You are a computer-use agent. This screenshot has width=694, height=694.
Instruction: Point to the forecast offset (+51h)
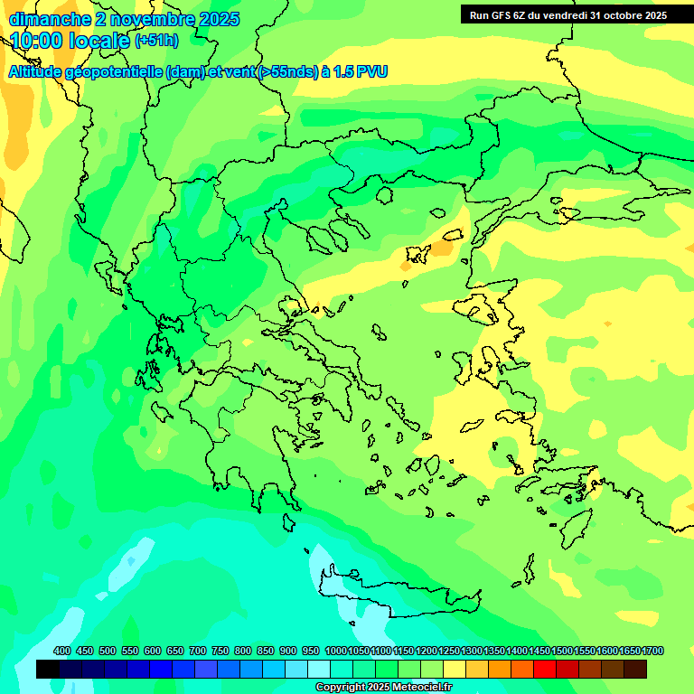pyautogui.click(x=156, y=41)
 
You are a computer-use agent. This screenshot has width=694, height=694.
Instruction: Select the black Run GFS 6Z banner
pyautogui.click(x=567, y=15)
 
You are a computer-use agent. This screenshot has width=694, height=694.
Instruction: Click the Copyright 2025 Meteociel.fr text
pyautogui.click(x=383, y=687)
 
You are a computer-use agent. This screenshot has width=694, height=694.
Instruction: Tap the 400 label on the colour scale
pyautogui.click(x=62, y=651)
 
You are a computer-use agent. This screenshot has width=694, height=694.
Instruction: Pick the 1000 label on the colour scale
pyautogui.click(x=335, y=651)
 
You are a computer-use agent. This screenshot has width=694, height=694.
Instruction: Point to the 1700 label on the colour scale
pyautogui.click(x=653, y=651)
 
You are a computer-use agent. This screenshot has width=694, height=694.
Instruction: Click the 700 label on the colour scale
pyautogui.click(x=198, y=651)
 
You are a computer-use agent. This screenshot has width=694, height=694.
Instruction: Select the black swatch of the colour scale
pyautogui.click(x=48, y=669)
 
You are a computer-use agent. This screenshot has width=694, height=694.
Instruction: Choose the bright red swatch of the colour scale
pyautogui.click(x=545, y=669)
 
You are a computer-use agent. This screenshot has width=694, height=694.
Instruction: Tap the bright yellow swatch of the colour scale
pyautogui.click(x=455, y=669)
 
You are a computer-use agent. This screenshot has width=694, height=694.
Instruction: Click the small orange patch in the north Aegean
pyautogui.click(x=442, y=248)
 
